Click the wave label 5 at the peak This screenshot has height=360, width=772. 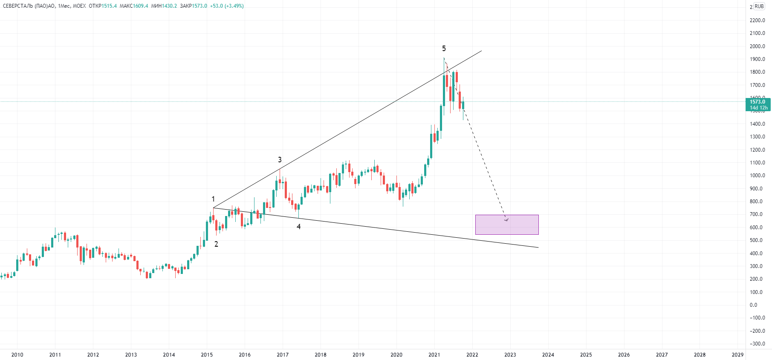coord(444,49)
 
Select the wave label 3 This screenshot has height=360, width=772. coord(280,160)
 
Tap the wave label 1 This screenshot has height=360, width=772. coord(213,199)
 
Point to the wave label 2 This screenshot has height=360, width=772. coord(216,244)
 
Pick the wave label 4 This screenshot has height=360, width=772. coord(298,227)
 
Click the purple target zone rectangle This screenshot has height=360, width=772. coord(506,225)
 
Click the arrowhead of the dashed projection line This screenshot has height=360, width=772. coord(506,220)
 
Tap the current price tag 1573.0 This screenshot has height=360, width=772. coord(758,102)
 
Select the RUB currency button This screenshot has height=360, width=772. coord(759,6)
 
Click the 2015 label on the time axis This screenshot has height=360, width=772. coord(207,354)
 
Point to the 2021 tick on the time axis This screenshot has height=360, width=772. coord(434,354)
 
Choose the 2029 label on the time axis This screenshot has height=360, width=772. coord(737,354)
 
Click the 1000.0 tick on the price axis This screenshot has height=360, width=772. coord(757,176)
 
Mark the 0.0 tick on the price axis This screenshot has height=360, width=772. coord(754,305)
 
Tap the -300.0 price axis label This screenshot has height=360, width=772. coord(757,344)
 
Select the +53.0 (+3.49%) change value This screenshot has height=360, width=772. coord(227,6)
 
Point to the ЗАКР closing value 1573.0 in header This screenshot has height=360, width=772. coord(200,6)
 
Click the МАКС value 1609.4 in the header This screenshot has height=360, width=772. coord(140,6)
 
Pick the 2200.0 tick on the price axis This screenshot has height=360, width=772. coord(757,20)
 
